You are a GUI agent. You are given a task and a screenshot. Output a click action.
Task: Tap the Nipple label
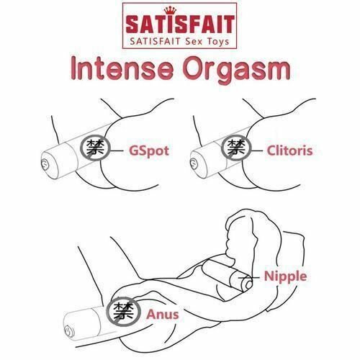tap(285, 275)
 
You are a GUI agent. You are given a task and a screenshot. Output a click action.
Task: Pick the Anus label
tap(161, 313)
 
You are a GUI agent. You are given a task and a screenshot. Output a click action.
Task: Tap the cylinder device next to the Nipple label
tap(226, 277)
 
